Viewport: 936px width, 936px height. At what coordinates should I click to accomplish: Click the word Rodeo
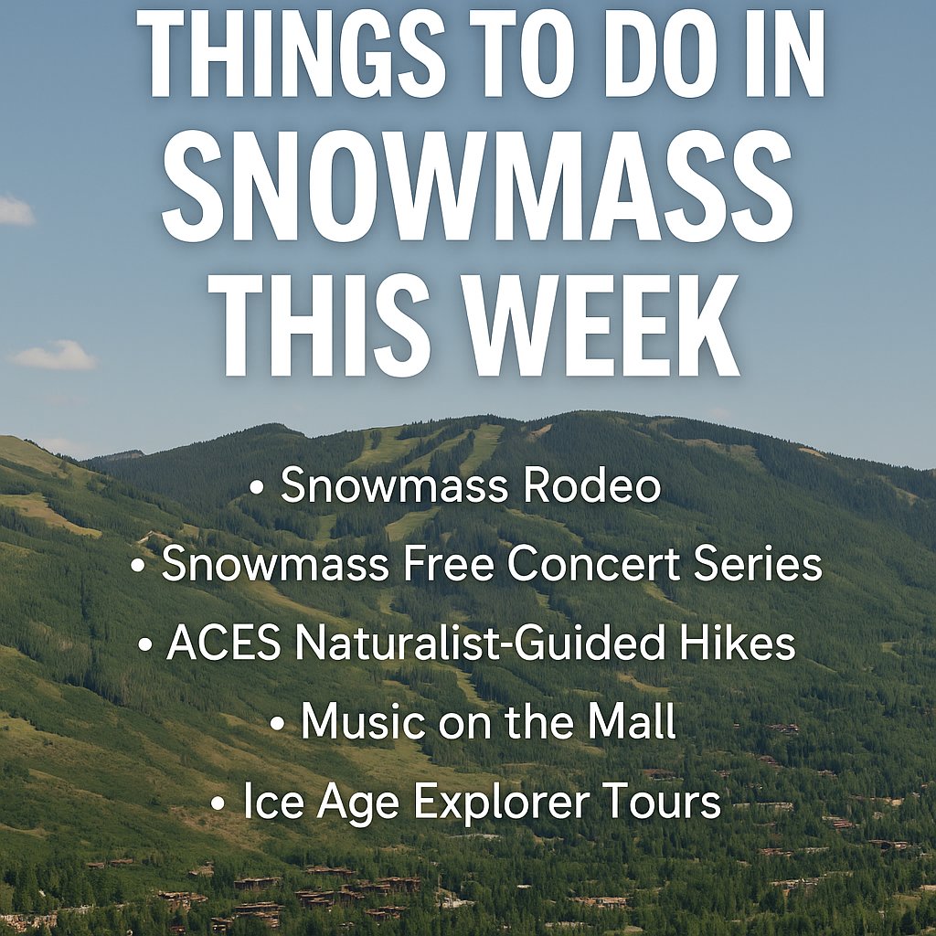point(591,485)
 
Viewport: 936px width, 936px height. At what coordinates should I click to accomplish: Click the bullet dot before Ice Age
point(218,803)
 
